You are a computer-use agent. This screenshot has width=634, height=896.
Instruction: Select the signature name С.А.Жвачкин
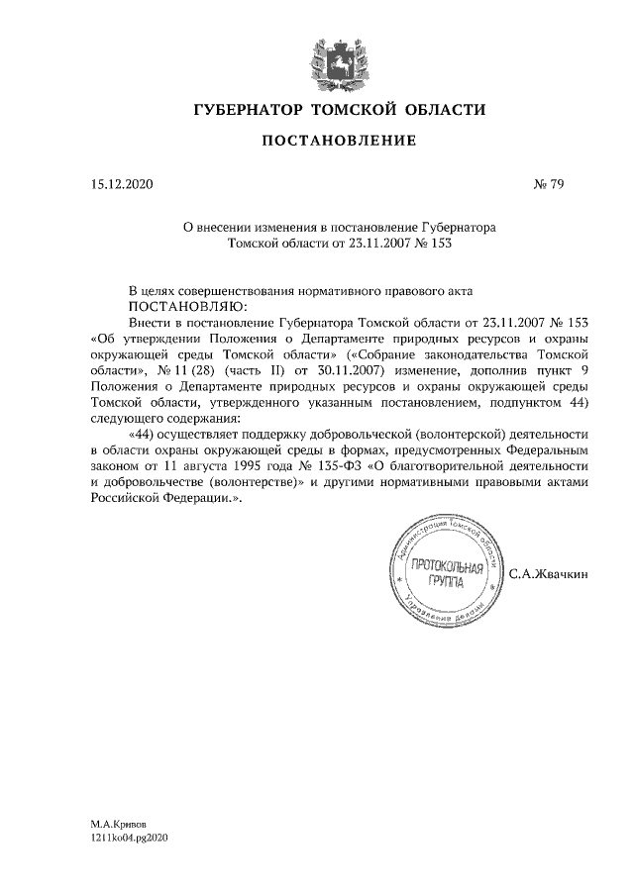[549, 574]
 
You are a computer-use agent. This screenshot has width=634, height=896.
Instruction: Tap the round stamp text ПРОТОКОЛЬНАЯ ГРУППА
[446, 575]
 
